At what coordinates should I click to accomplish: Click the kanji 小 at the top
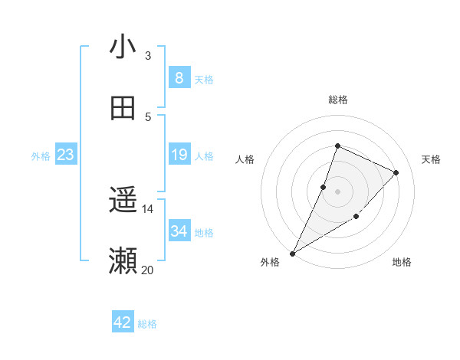tap(123, 47)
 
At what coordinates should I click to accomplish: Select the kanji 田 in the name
tap(123, 109)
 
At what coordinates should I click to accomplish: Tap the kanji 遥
tap(123, 201)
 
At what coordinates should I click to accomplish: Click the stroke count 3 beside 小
tap(148, 55)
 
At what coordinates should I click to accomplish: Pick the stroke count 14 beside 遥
tap(148, 208)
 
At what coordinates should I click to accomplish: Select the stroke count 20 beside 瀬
tap(148, 270)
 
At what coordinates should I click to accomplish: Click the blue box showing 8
tap(179, 77)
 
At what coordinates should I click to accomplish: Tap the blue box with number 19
tap(179, 155)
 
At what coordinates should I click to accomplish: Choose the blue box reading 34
tap(179, 231)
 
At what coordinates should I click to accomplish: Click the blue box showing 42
tap(123, 322)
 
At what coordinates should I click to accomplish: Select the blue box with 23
tap(66, 155)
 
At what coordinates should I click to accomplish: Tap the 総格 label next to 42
tap(147, 324)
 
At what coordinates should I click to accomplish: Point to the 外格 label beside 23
tap(41, 156)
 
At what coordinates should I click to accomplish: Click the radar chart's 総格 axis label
tap(337, 100)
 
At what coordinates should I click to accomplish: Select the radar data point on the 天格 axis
tap(396, 172)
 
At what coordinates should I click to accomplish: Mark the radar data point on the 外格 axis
tap(293, 253)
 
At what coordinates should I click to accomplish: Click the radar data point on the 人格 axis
tap(324, 187)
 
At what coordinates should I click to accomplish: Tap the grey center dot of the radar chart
tap(337, 191)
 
